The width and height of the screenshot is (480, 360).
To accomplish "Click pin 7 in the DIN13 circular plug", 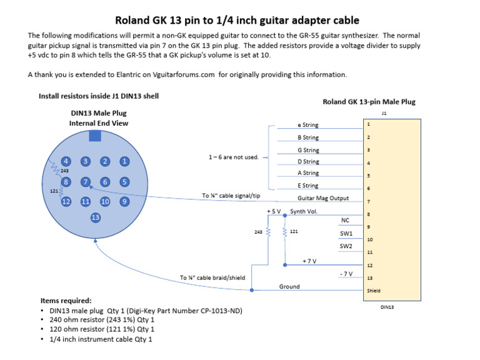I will point(86,181).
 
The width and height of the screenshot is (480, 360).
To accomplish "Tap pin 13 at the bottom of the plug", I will point(96,217).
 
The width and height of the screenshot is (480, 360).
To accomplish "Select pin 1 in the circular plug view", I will point(125,161).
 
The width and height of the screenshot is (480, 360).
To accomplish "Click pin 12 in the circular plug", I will point(66,201).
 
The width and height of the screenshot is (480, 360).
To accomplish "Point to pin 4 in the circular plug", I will point(66,161).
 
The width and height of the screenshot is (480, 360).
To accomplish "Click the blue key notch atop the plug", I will point(95,136).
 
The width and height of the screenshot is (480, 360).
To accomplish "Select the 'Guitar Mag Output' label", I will point(323,198).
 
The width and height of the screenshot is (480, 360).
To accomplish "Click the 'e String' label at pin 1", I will point(308,125).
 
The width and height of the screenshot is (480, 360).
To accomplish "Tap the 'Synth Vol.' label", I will point(304,211).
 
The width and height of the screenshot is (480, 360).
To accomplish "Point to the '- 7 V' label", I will point(345,274).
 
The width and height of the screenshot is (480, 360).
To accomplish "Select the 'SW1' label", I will point(346,233).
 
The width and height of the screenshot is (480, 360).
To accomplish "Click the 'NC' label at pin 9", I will point(345,220).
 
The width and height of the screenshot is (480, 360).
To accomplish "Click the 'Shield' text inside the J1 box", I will point(374,291).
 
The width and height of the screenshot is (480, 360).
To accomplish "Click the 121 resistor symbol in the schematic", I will point(285,231).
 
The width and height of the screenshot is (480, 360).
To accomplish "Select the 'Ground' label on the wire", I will point(289,287).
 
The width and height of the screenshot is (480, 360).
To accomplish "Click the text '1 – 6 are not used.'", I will point(233,157).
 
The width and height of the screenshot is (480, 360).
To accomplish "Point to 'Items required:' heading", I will point(66,301).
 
